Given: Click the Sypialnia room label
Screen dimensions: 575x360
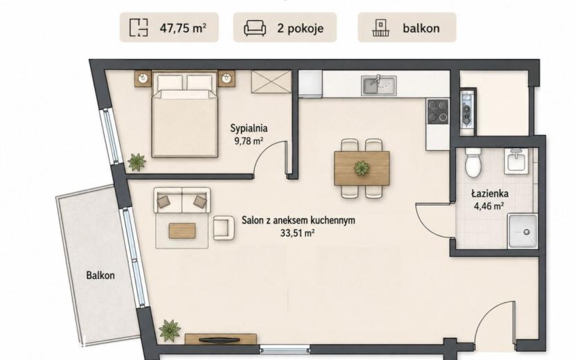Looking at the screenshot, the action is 249,128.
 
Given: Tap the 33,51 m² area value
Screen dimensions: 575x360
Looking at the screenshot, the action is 297,233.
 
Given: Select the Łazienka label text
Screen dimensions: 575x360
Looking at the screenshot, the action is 490,193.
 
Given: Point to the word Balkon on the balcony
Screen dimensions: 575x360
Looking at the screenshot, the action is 100,276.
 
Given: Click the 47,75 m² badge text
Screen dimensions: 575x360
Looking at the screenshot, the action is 183,28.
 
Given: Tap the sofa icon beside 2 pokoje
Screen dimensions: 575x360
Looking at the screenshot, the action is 255,28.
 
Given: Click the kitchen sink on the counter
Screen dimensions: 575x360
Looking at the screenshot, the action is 379,85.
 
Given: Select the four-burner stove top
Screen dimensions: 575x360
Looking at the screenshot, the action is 438,111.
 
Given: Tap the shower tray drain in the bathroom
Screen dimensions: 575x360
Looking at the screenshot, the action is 527,232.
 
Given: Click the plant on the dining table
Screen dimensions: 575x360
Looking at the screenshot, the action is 362,168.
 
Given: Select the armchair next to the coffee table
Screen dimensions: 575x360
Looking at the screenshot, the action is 224,228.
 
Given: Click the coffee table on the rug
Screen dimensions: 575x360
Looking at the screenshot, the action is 182,231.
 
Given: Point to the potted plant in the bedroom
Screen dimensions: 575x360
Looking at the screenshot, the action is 136,162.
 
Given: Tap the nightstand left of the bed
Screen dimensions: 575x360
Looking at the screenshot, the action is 143,78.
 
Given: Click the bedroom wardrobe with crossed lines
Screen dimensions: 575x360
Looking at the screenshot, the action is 272,82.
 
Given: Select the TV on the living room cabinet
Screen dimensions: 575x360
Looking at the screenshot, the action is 221,340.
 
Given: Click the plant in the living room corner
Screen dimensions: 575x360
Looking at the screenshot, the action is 170,330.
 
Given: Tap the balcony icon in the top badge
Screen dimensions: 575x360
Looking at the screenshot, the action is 382,28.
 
